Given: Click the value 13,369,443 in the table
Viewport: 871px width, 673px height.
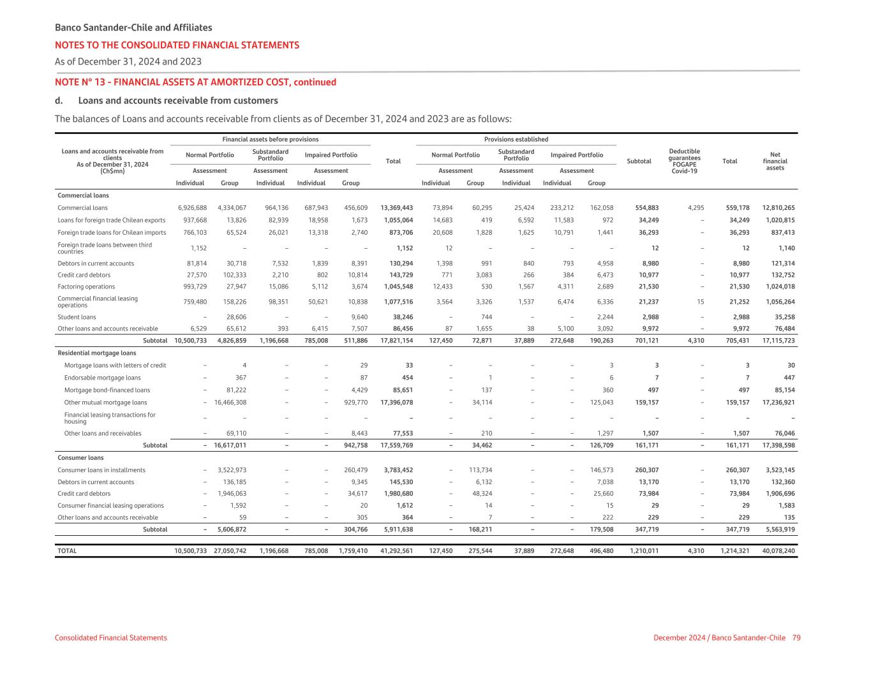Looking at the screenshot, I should click(396, 208).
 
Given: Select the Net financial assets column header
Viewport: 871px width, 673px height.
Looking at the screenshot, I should click(775, 161).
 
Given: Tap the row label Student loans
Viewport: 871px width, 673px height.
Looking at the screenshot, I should click(77, 317).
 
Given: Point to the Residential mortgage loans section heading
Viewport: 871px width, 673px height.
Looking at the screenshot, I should click(96, 353).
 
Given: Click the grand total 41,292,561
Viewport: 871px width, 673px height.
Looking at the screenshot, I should click(396, 551).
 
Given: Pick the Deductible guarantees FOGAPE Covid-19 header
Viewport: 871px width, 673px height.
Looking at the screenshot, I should click(684, 161).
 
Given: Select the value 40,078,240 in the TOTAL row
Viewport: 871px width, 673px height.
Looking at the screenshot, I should click(778, 551).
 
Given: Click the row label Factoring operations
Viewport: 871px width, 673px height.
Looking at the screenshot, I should click(86, 287).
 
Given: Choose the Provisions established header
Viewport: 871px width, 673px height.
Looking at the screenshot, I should click(516, 139).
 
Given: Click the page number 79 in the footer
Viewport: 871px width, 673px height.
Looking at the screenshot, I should click(796, 638).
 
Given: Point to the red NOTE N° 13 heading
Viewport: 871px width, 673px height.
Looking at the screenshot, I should click(195, 82).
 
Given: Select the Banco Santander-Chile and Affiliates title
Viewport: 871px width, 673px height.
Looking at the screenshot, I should click(133, 28).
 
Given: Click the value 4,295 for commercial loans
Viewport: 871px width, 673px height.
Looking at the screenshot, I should click(696, 208).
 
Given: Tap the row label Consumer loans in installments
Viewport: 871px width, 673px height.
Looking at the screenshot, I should click(101, 470).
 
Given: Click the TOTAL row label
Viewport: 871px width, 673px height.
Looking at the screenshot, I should click(67, 551).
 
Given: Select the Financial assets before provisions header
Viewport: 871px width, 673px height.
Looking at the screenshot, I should click(270, 139).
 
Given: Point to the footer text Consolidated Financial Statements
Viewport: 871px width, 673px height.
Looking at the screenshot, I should click(111, 638).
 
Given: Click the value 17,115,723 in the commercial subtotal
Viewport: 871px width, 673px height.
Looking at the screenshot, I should click(778, 341).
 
